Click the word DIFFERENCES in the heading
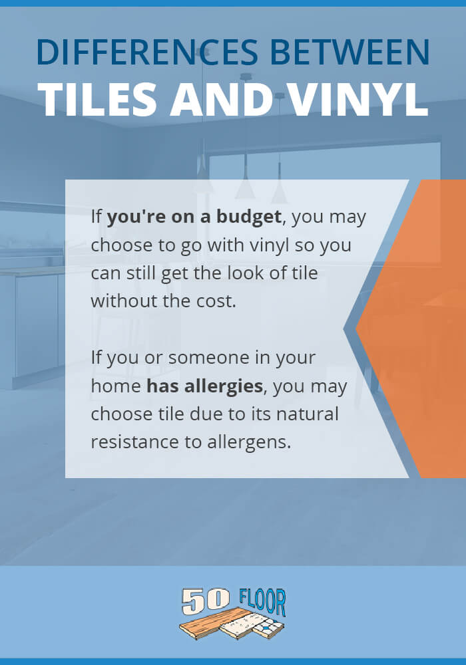[147, 52]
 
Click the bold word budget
[249, 217]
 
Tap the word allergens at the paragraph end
[249, 443]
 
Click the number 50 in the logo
[206, 601]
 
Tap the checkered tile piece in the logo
[268, 626]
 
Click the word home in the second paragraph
[116, 386]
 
